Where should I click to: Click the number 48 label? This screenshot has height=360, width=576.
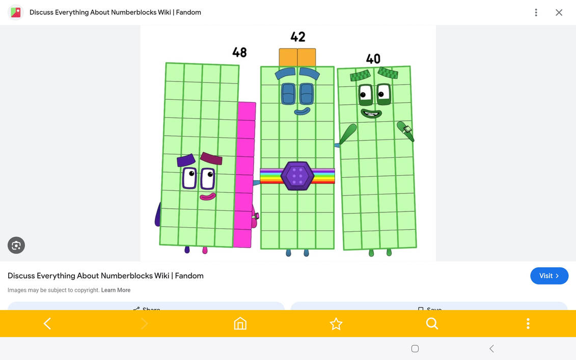point(239,52)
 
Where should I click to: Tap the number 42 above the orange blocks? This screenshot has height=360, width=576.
point(298,37)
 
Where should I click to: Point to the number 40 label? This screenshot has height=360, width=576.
point(373,59)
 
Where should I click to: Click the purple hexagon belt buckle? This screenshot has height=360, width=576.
point(297,176)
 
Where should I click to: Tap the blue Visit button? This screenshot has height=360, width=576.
point(549,275)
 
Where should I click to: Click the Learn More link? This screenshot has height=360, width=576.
point(116,290)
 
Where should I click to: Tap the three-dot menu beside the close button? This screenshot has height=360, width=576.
point(536,12)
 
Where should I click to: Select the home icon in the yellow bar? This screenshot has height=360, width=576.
point(240,323)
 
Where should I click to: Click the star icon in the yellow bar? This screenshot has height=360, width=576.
point(336,323)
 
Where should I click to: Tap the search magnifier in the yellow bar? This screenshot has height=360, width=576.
point(432,323)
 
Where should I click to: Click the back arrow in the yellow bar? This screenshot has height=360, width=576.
point(47,323)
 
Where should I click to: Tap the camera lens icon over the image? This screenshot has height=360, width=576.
point(16,245)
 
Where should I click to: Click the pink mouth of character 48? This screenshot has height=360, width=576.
point(207,196)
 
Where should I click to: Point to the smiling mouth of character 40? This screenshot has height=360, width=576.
point(371,113)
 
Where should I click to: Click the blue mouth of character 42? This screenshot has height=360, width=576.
point(302,110)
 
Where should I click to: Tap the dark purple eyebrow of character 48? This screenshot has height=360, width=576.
point(186,160)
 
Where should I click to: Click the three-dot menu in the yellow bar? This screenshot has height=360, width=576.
point(528,323)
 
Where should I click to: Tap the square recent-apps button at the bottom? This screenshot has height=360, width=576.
point(415,349)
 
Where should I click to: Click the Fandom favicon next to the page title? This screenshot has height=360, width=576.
point(16,12)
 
